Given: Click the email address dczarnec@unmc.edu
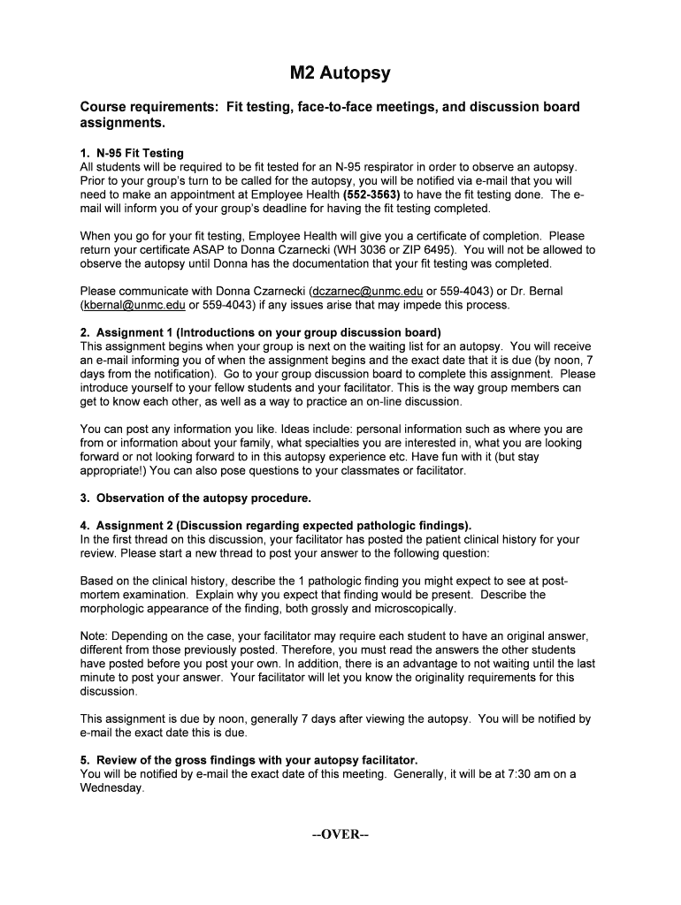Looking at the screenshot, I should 367,291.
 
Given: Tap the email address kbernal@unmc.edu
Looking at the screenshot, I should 133,305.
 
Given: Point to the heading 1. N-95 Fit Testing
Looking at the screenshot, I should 132,153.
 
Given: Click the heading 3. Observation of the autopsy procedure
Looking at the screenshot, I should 195,498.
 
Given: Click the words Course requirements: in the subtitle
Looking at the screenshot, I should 149,107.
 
